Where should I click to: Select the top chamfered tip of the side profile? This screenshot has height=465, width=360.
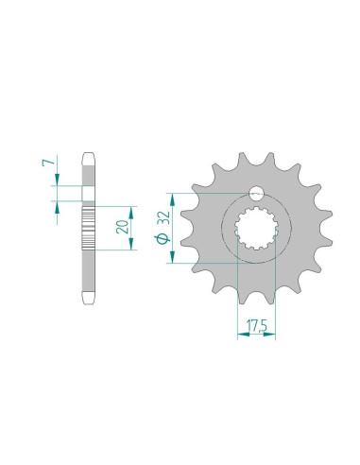[x=89, y=157]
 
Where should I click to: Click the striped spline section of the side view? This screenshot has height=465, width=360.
[x=89, y=228]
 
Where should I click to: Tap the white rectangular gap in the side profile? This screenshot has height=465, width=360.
[x=89, y=194]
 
